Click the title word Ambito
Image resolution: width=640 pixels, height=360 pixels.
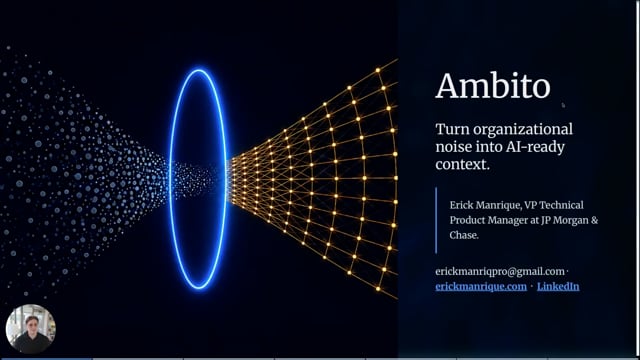tap(493, 86)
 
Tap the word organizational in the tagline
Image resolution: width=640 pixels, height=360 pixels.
tap(523, 130)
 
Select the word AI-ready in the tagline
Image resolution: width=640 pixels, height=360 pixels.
tap(535, 147)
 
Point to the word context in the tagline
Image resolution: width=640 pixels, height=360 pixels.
tap(461, 164)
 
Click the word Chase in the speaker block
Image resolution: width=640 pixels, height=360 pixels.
tap(462, 235)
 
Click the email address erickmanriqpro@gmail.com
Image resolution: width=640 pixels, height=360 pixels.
tap(500, 272)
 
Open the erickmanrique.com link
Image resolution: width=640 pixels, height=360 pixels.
tap(481, 287)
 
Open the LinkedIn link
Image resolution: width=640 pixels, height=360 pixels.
tap(558, 287)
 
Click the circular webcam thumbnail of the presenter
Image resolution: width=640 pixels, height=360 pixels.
tap(31, 329)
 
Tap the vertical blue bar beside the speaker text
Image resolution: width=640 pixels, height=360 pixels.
tap(436, 220)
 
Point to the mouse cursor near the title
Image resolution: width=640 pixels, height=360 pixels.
tap(563, 105)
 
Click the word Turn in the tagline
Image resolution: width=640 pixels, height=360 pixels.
tap(452, 129)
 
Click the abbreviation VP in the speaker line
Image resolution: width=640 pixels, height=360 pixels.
tap(530, 205)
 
